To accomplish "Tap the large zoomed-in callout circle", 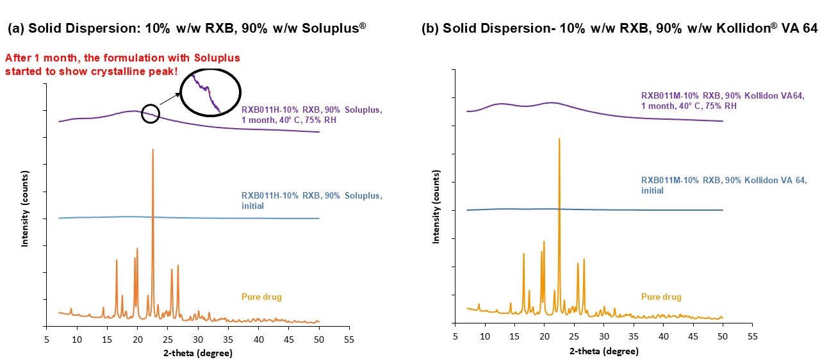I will [x=210, y=94].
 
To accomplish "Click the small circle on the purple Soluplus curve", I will [x=150, y=113].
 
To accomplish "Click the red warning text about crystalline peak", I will [x=122, y=64].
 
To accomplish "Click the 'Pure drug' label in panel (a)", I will [x=261, y=297].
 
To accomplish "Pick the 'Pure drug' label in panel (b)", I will [x=661, y=297].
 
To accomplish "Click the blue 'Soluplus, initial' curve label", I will [x=312, y=200].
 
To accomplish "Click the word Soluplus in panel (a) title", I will [x=336, y=28].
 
